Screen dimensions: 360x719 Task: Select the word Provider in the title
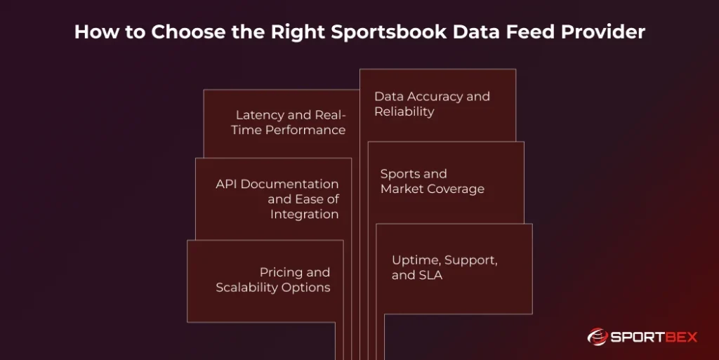coord(606,32)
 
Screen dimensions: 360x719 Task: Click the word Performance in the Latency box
coord(305,130)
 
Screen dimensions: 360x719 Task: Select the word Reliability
coord(404,112)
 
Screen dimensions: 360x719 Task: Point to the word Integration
coord(305,215)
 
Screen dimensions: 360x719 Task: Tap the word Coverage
coord(457,189)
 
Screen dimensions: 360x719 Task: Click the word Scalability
coord(247,288)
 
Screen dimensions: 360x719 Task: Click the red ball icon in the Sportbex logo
coord(598,338)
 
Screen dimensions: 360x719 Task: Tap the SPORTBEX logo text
coord(654,338)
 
